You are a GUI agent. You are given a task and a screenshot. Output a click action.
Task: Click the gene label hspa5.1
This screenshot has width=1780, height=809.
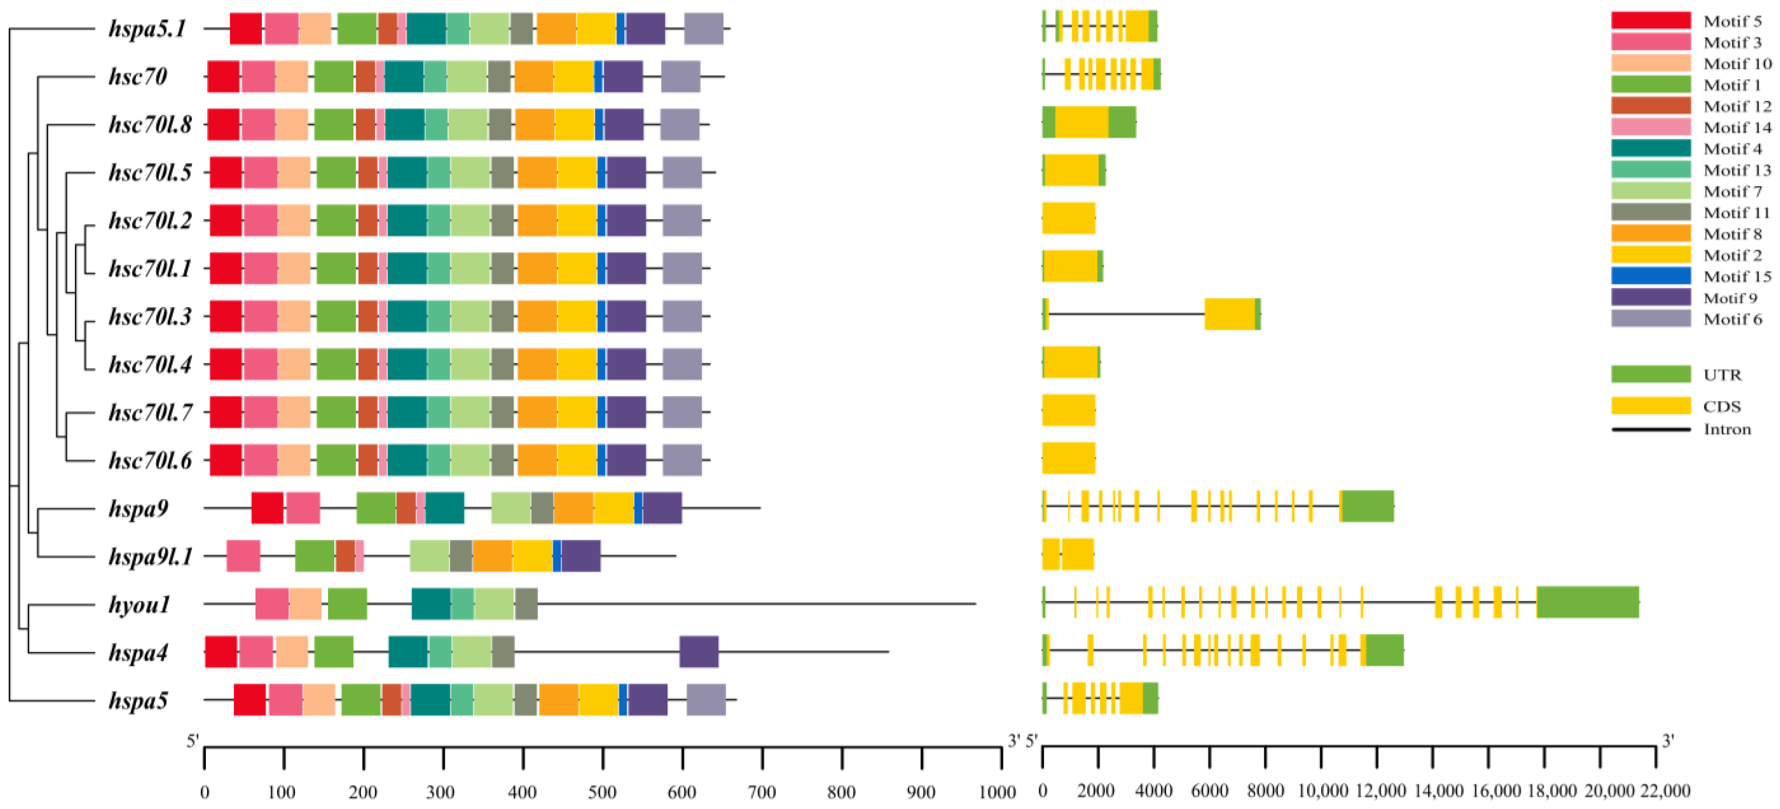[x=147, y=29]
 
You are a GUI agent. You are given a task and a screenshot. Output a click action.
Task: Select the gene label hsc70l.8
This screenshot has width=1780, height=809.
[x=150, y=125]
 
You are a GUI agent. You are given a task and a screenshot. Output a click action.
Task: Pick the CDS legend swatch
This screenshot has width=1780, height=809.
[x=1650, y=405]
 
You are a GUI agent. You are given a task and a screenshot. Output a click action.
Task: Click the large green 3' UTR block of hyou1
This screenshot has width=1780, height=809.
[x=1587, y=602]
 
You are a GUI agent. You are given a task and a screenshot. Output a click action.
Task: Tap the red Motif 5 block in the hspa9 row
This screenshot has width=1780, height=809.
[x=267, y=508]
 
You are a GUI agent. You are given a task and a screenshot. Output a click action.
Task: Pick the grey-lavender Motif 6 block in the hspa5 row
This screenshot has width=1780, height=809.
[x=705, y=701]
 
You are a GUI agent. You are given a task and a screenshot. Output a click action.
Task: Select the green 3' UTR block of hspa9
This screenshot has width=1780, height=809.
[x=1367, y=507]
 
